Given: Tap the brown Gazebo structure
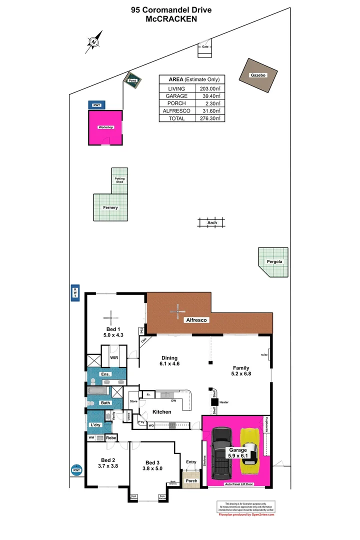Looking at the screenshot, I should [x=257, y=75].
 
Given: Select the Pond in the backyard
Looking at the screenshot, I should [x=132, y=80].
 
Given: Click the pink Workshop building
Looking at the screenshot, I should [x=105, y=127].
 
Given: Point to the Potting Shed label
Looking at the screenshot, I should [x=119, y=180].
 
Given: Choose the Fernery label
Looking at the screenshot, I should [x=110, y=207].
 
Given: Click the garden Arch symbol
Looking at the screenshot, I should [x=212, y=222].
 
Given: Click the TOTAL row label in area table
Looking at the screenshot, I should [x=176, y=118].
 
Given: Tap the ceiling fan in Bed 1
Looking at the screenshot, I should [x=111, y=316].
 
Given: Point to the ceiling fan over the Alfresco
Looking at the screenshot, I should [x=176, y=312].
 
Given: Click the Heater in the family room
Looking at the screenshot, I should [x=215, y=401].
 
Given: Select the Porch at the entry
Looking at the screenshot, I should [x=191, y=481].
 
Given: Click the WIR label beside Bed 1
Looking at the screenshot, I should [x=113, y=358].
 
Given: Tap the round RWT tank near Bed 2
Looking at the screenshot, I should [x=76, y=470].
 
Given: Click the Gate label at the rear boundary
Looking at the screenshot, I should [x=205, y=46].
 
